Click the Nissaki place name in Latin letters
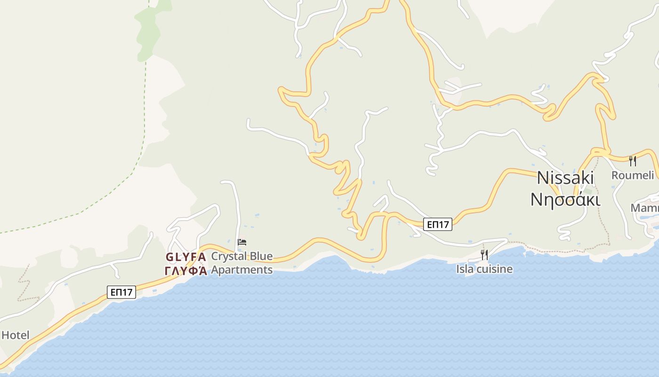pyautogui.click(x=565, y=178)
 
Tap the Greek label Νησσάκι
pyautogui.click(x=565, y=199)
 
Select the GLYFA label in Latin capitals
pyautogui.click(x=186, y=257)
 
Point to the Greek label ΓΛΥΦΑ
pyautogui.click(x=186, y=270)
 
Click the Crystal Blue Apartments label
pyautogui.click(x=241, y=263)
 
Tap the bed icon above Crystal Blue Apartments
pyautogui.click(x=242, y=242)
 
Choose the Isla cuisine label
pyautogui.click(x=484, y=269)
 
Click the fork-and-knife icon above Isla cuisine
pyautogui.click(x=484, y=255)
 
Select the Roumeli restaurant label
pyautogui.click(x=633, y=175)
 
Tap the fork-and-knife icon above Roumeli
pyautogui.click(x=633, y=161)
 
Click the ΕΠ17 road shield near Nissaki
pyautogui.click(x=438, y=224)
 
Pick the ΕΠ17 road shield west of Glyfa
pyautogui.click(x=121, y=292)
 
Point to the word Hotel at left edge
pyautogui.click(x=16, y=336)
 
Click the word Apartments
pyautogui.click(x=241, y=270)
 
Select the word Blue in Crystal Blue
pyautogui.click(x=261, y=256)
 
